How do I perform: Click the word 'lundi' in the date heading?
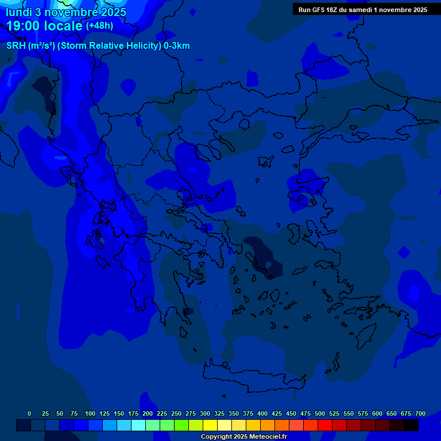[x=19, y=12]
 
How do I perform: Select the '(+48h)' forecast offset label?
[x=99, y=26]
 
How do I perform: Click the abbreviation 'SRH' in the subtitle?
[x=16, y=46]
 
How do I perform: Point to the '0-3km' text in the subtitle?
[x=177, y=46]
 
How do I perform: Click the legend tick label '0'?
[x=29, y=413]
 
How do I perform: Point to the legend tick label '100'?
[x=90, y=413]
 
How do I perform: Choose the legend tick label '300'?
[x=205, y=413]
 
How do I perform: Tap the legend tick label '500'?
[x=320, y=413]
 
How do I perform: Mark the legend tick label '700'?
[x=420, y=413]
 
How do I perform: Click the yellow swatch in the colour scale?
[x=210, y=425]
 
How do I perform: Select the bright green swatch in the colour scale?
[x=181, y=425]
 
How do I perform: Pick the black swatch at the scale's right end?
[x=411, y=425]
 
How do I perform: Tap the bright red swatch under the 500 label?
[x=325, y=425]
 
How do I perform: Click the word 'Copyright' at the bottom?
[x=218, y=437]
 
